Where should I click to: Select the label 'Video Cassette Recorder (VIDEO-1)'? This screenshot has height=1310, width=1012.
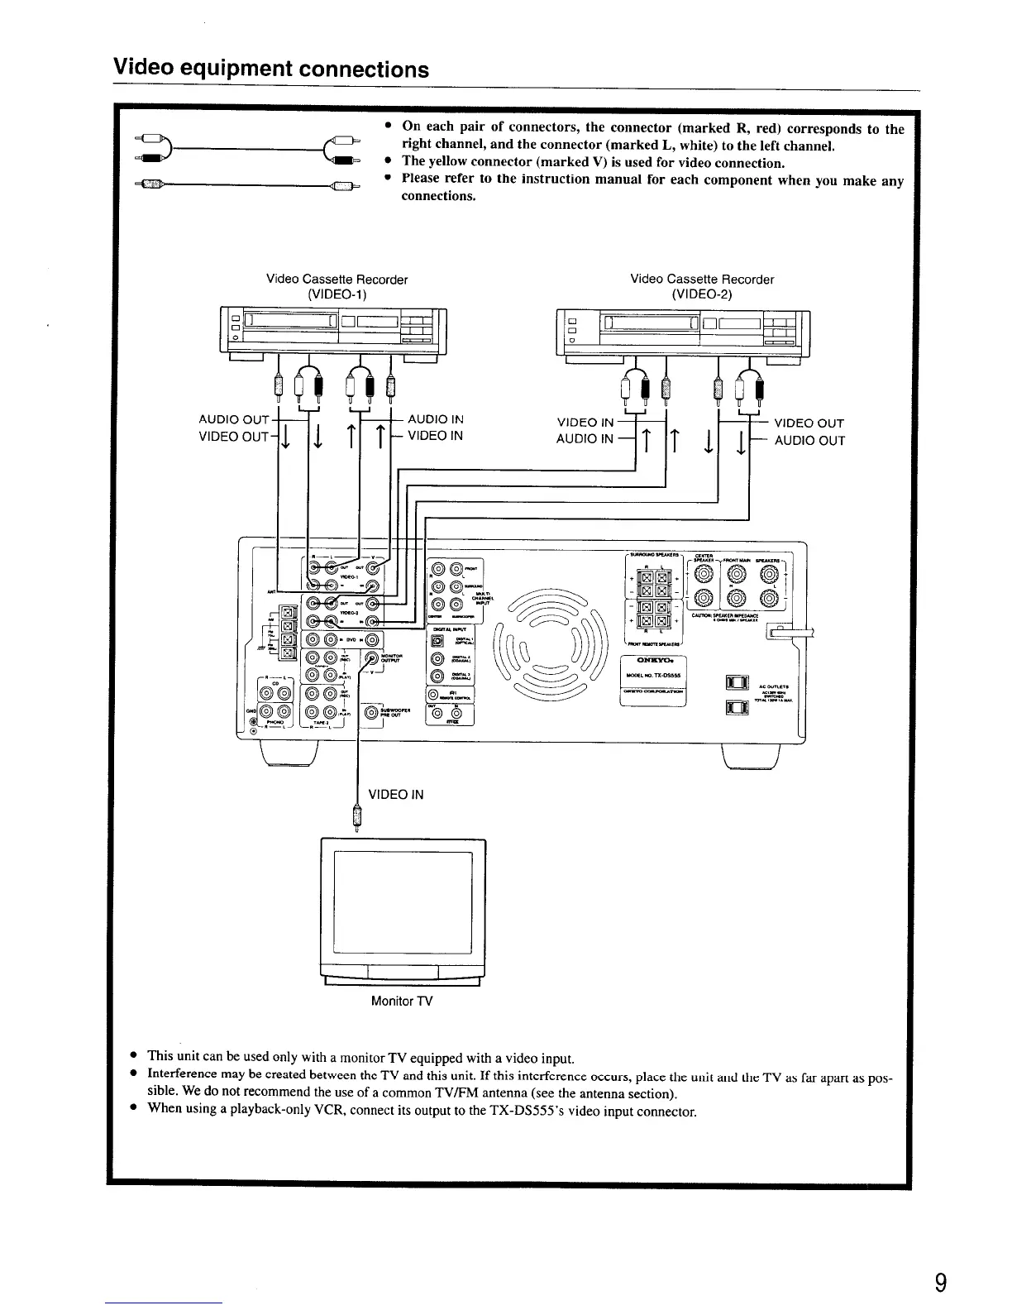[x=337, y=286]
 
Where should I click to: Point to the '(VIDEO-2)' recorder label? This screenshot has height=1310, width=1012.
[x=702, y=294]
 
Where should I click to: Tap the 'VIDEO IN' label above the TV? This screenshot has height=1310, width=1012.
[x=395, y=794]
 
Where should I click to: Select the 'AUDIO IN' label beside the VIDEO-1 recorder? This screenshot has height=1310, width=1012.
[x=435, y=419]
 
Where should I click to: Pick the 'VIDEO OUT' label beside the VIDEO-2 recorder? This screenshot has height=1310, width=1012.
[x=809, y=423]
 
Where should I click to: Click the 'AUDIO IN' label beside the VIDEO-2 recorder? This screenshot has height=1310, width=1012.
[x=585, y=438]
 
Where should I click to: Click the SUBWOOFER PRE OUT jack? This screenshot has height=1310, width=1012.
[x=371, y=712]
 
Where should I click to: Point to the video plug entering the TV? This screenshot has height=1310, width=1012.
[x=357, y=818]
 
